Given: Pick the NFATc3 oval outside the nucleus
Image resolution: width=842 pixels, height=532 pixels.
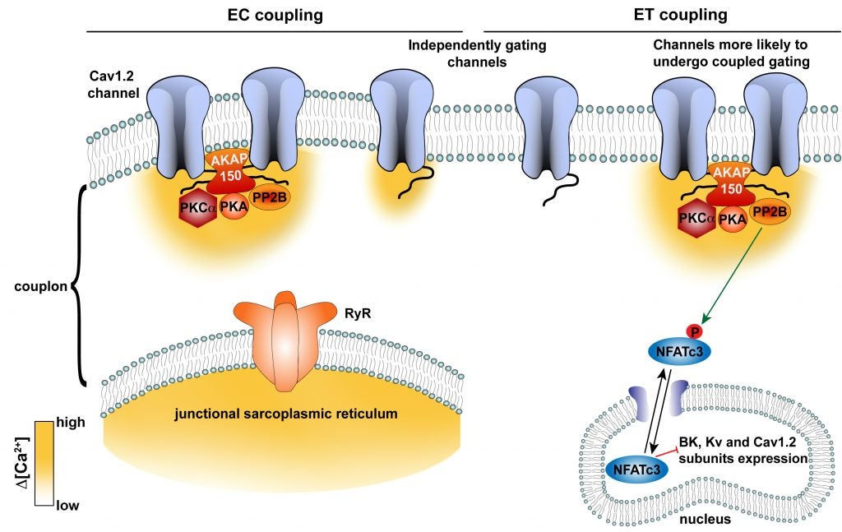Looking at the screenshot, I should click(680, 353).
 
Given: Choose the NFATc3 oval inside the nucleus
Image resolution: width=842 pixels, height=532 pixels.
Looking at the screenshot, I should click(636, 469).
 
